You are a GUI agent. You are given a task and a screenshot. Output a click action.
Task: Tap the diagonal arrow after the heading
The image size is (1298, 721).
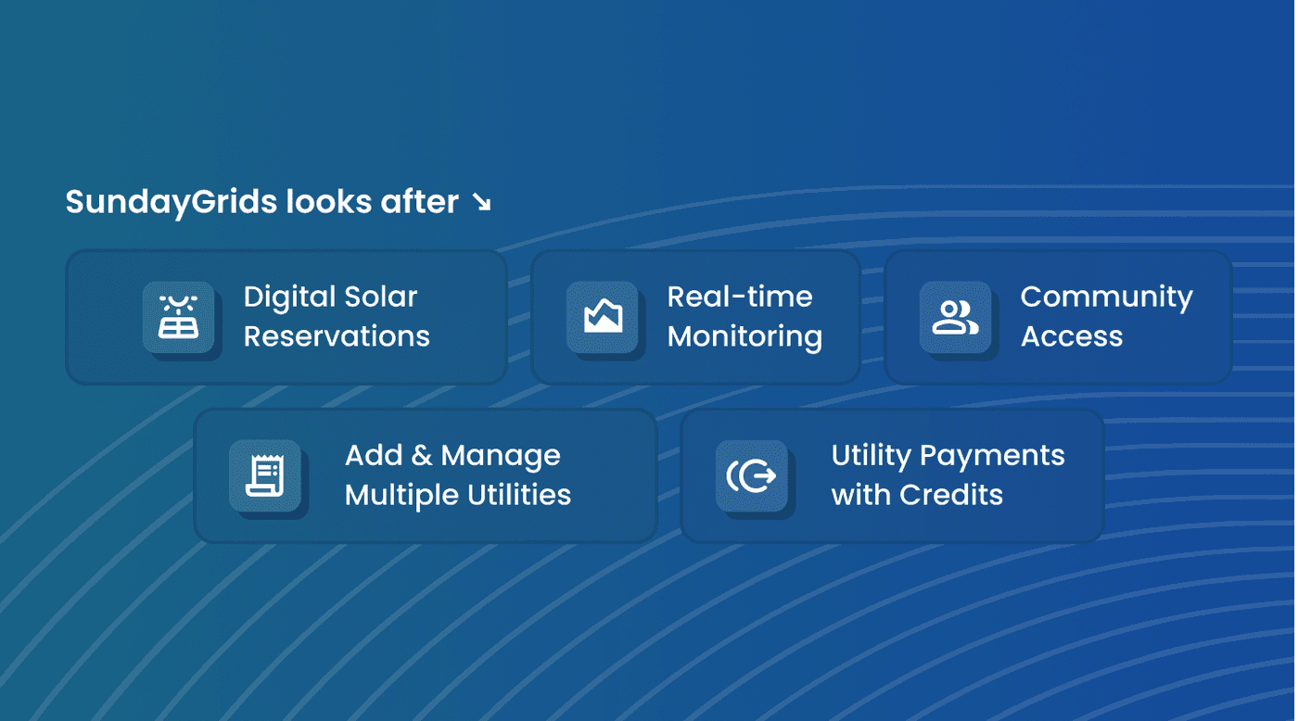(x=481, y=202)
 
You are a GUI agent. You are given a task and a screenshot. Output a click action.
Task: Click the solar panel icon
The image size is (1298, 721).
(x=178, y=317)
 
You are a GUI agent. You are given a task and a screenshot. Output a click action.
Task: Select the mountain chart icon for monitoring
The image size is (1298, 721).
(x=603, y=316)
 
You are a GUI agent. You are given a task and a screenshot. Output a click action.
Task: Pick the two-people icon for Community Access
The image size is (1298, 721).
(x=955, y=317)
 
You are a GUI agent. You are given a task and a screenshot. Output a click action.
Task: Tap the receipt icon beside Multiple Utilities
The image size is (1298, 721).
(x=265, y=475)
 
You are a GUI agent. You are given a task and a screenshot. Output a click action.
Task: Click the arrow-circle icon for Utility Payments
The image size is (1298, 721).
(x=751, y=475)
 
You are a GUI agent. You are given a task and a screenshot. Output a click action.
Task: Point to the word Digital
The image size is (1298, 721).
(x=289, y=297)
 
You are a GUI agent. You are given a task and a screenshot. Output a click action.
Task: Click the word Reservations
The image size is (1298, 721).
(x=337, y=335)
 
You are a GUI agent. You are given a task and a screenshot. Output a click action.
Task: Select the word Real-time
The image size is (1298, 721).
(x=740, y=297)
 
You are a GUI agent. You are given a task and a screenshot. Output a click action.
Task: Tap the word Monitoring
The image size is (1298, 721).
(x=744, y=337)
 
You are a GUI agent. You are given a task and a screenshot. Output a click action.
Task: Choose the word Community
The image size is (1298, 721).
(x=1107, y=298)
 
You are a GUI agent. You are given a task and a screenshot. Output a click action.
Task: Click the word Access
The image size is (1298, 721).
(x=1072, y=336)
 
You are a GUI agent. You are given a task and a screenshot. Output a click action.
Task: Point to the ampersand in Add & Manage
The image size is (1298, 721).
(x=421, y=455)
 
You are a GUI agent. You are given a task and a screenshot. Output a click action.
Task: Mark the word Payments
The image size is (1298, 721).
(x=992, y=457)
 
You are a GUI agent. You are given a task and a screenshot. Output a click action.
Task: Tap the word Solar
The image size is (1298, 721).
(x=381, y=297)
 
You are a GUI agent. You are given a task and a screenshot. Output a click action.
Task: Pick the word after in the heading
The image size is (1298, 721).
(x=419, y=202)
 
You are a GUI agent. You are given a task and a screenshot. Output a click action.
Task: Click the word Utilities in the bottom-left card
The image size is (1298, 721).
(x=518, y=495)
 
